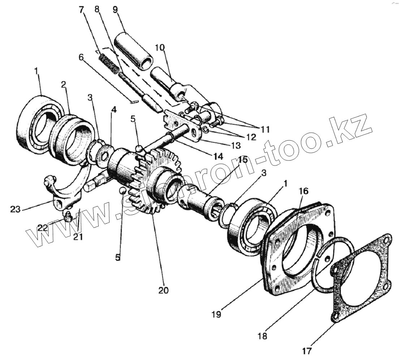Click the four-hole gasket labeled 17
click(x=361, y=278)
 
